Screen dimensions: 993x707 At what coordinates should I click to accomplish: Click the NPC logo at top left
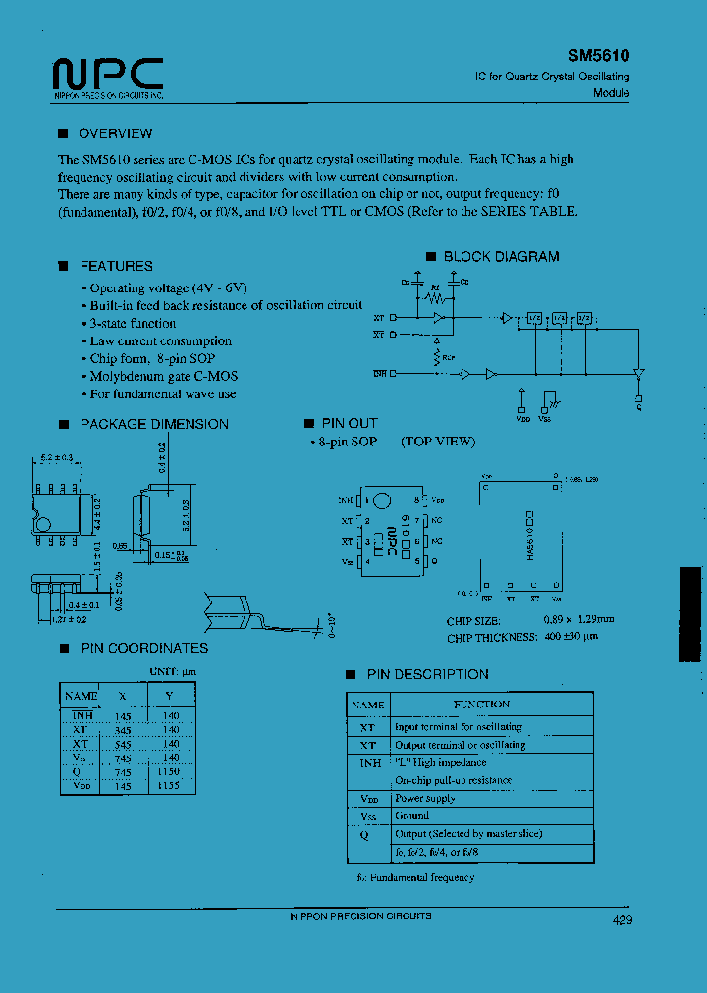point(107,75)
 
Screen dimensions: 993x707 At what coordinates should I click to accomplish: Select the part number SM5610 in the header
point(598,57)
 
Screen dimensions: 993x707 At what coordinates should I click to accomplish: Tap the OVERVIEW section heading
point(115,133)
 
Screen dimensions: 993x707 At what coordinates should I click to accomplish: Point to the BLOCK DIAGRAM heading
point(501,256)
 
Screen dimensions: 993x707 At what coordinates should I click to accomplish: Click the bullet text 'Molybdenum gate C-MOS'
point(163,376)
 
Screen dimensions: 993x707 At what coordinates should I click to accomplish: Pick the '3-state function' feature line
point(133,323)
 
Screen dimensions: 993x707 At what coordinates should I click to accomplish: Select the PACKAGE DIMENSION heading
point(153,424)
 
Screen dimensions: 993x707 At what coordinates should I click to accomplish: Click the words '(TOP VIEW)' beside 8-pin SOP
point(437,442)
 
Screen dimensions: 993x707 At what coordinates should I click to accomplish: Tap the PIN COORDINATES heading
point(143,648)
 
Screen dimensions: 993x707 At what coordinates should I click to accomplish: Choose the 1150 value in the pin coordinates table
point(170,772)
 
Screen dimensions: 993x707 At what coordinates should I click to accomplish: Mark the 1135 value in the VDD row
point(170,786)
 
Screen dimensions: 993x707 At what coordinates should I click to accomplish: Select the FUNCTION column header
point(480,705)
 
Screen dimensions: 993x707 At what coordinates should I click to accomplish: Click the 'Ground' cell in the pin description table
point(412,815)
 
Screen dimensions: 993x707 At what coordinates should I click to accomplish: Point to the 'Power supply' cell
point(424,798)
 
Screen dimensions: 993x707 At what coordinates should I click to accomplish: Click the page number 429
point(622,920)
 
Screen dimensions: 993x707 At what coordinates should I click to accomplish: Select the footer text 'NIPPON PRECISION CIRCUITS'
point(360,915)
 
